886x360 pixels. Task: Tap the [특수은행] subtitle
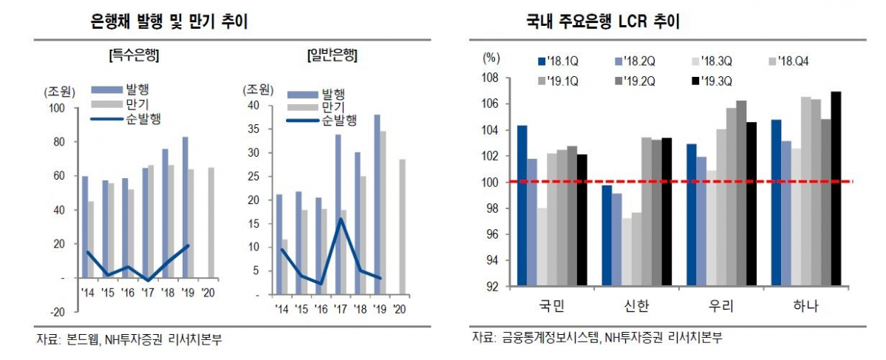click(x=134, y=55)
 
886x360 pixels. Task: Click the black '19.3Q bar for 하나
click(x=836, y=189)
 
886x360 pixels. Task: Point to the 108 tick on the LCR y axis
click(x=492, y=78)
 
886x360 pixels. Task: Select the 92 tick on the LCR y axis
click(x=492, y=287)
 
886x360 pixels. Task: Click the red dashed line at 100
click(x=665, y=182)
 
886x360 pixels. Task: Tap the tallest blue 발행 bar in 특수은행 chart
click(x=185, y=207)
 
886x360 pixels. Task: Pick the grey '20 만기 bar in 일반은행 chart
click(x=403, y=227)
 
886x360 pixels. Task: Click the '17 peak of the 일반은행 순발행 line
click(x=341, y=219)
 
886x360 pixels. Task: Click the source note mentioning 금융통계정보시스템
click(x=596, y=337)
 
